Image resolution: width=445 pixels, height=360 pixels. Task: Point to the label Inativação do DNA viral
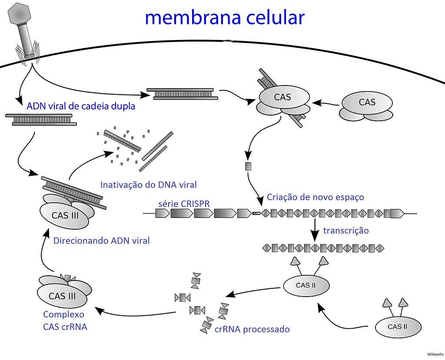148,185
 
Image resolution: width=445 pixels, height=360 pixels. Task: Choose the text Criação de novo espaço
315,197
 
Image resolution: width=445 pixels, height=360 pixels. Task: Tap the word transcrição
346,230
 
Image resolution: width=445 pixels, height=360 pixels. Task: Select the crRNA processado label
252,329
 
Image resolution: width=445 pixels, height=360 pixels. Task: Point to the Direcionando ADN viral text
101,240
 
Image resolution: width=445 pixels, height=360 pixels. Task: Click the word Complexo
63,314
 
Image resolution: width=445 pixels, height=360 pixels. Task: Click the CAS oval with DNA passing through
282,98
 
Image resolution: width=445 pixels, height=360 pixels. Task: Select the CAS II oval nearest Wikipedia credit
398,327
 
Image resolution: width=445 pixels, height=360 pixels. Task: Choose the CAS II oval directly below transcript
306,285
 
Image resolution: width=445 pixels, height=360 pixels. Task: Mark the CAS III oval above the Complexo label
63,297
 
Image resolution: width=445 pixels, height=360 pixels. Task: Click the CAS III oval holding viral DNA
65,215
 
